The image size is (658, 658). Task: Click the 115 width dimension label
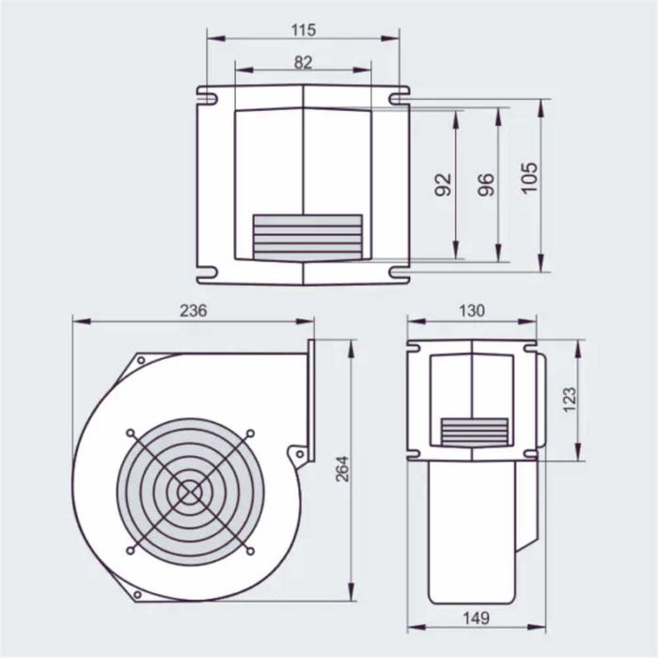point(303,30)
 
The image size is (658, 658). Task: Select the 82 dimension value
point(303,62)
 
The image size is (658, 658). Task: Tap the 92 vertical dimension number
point(445,184)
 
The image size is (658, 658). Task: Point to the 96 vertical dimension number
point(486,184)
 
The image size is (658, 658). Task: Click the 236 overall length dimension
point(193,311)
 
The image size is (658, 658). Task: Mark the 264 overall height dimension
point(342,469)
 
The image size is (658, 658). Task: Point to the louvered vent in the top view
point(307,237)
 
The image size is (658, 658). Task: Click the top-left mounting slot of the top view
point(206,95)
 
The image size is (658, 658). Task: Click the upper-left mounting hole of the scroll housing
point(140,360)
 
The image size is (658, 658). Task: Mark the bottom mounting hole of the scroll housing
point(137,594)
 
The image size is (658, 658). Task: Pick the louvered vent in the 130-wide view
point(475,431)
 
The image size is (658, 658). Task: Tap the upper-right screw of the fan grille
point(250,432)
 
